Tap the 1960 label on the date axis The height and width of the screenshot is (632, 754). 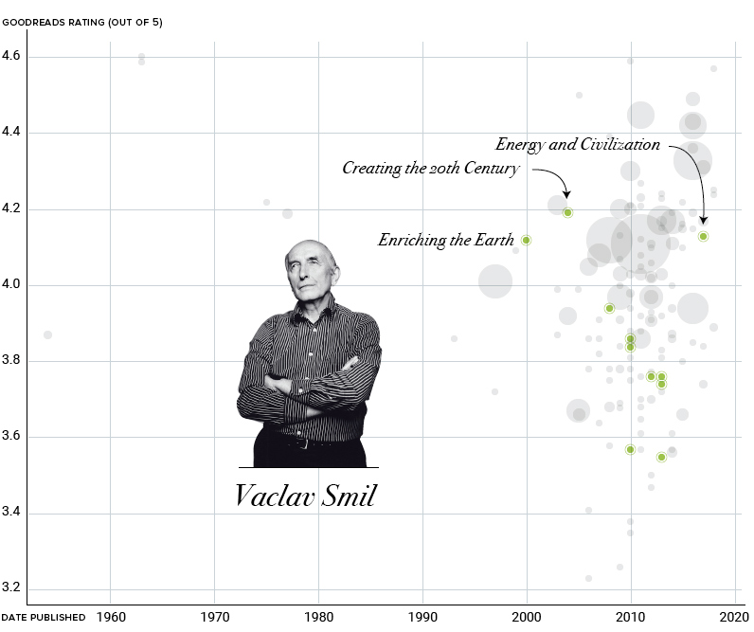[111, 617]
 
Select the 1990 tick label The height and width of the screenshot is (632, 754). [422, 617]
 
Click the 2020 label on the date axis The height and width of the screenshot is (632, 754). [733, 617]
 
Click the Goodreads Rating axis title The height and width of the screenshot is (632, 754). [82, 23]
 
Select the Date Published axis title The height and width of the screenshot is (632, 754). [44, 618]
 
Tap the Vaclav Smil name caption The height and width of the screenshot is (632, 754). [305, 495]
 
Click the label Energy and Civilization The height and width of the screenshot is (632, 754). [577, 145]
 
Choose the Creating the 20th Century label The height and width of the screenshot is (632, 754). [430, 169]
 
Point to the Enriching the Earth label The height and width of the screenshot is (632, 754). [445, 241]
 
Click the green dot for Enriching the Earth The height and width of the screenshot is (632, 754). [526, 240]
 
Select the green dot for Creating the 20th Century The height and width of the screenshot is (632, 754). [567, 212]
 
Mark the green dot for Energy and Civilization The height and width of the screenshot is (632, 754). [703, 236]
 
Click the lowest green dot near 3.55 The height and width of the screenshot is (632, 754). [661, 457]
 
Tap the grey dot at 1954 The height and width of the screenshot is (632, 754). [47, 334]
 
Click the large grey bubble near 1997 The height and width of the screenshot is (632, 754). [494, 280]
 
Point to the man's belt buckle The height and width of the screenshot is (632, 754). [302, 442]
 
